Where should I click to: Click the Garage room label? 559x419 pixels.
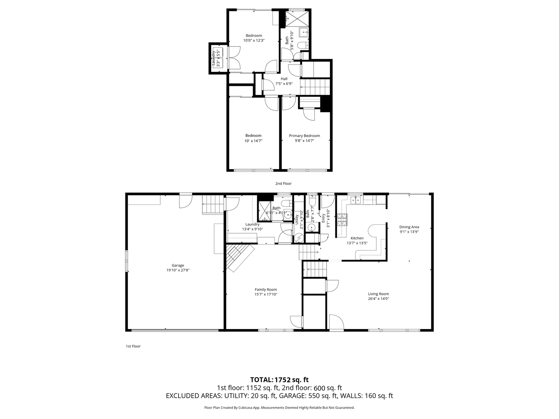click(178, 265)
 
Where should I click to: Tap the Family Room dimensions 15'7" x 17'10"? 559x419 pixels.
click(266, 294)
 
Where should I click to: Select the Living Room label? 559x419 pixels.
click(378, 294)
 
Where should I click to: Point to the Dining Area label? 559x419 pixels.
click(409, 227)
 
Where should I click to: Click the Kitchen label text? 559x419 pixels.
click(357, 238)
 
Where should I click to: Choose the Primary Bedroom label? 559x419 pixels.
click(304, 136)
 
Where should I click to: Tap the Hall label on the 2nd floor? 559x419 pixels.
click(284, 79)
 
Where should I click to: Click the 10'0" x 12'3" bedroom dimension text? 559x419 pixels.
click(254, 40)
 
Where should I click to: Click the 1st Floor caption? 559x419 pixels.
click(133, 346)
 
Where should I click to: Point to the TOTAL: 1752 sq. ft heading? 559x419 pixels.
click(279, 380)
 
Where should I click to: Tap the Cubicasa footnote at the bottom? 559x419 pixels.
click(279, 408)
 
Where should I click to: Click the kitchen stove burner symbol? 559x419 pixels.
click(342, 220)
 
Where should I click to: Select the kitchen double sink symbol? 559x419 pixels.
click(356, 200)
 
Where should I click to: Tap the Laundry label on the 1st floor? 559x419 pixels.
click(252, 224)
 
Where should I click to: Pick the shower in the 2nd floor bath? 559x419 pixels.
click(298, 18)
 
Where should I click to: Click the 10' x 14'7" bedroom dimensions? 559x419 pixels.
click(253, 141)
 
